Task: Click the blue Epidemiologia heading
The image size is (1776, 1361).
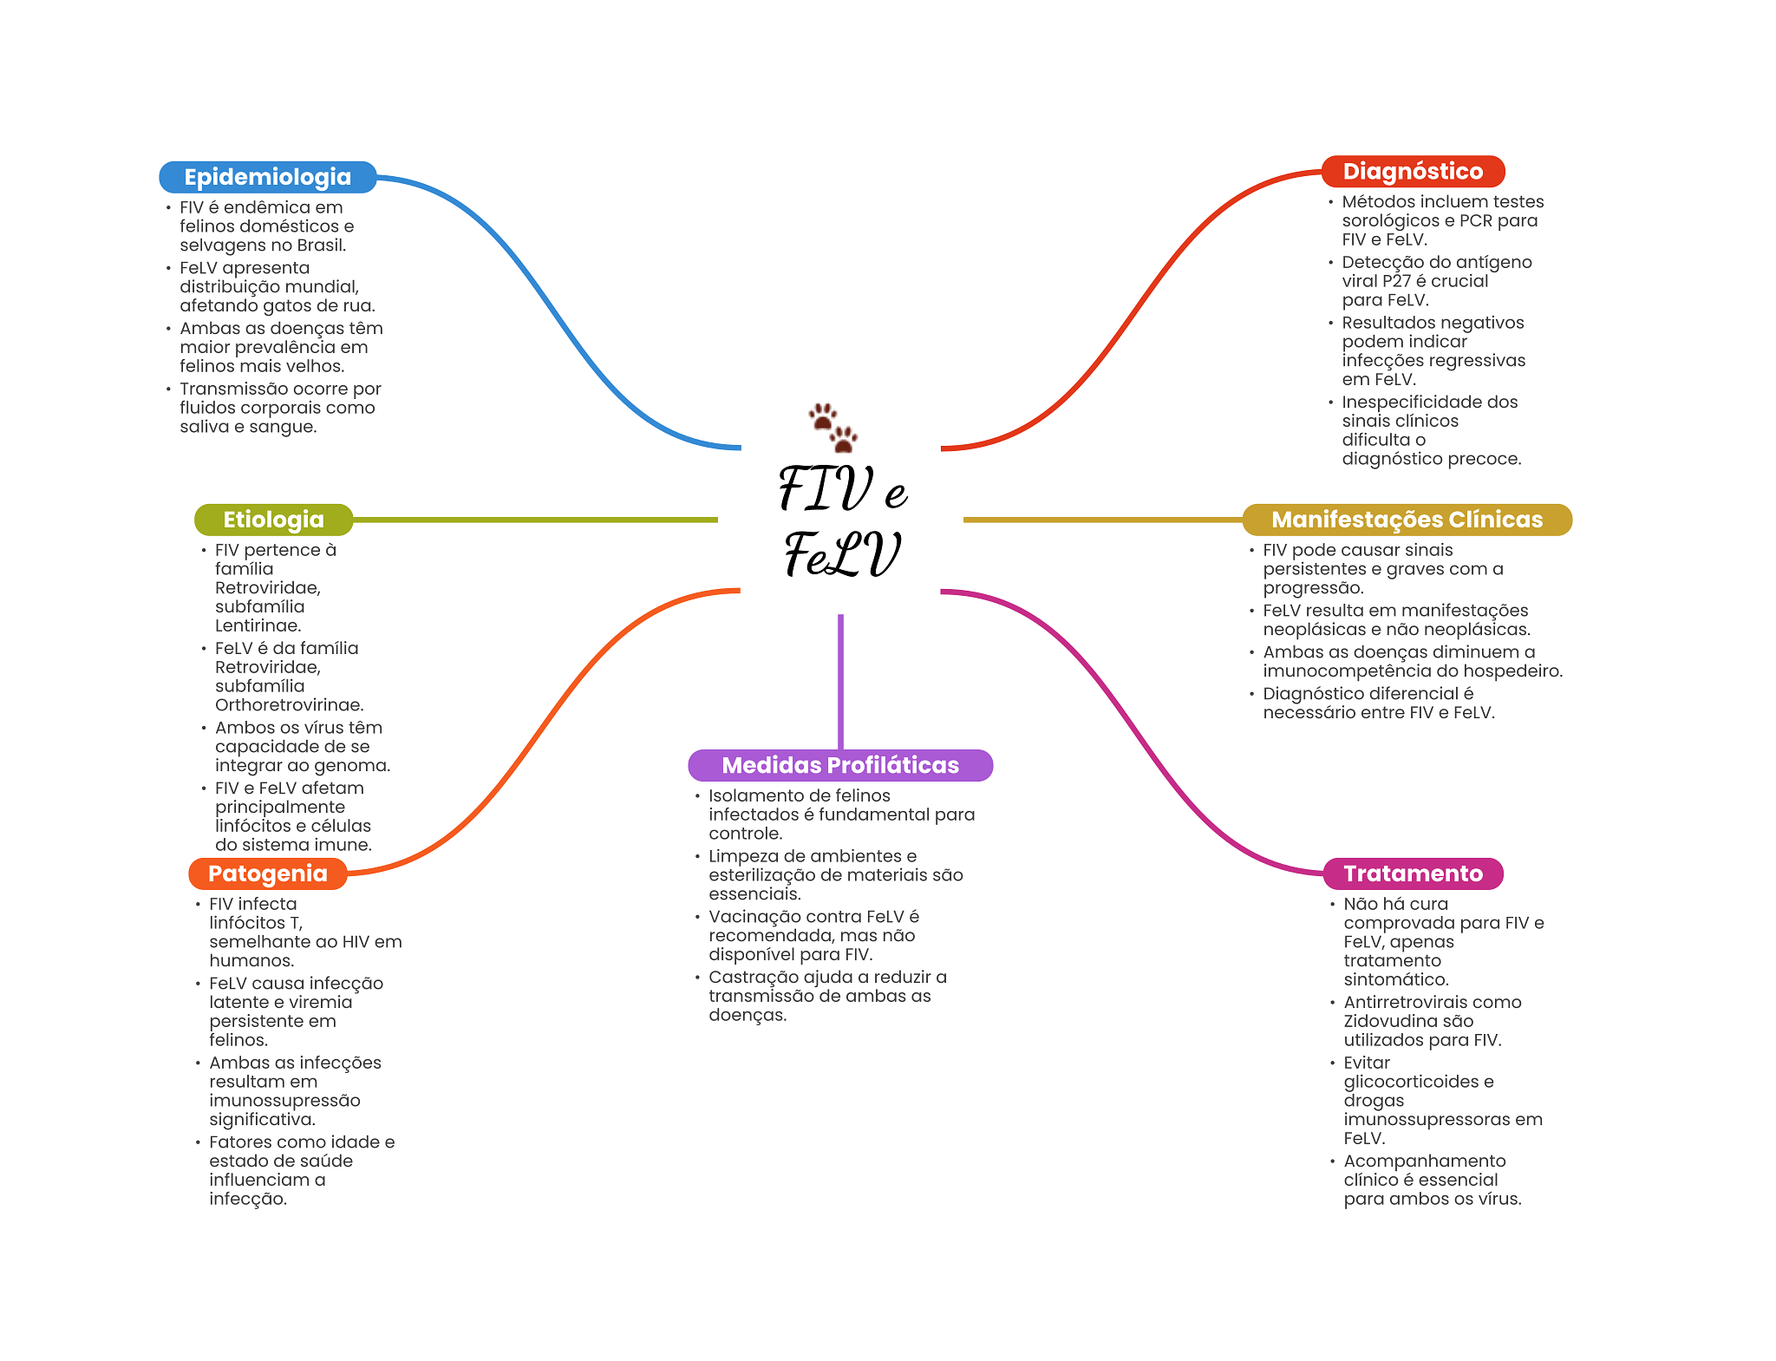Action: click(267, 177)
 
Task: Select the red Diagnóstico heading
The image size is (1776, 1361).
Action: click(1412, 171)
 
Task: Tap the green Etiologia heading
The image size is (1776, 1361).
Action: click(273, 520)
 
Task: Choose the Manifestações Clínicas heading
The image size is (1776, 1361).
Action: click(1407, 520)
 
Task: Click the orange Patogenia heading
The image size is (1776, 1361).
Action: click(267, 874)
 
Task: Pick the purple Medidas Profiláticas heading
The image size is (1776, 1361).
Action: click(839, 765)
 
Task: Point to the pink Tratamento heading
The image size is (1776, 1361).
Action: click(1413, 874)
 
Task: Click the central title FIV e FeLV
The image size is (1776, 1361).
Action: click(842, 520)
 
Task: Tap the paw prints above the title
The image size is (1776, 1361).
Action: click(832, 427)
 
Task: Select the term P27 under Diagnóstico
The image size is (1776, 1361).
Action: click(1397, 281)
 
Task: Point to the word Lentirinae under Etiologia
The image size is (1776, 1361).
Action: click(257, 625)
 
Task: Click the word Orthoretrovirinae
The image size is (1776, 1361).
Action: click(288, 705)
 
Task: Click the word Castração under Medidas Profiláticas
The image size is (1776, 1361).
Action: click(748, 978)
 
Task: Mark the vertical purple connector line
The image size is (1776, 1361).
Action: click(840, 681)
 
